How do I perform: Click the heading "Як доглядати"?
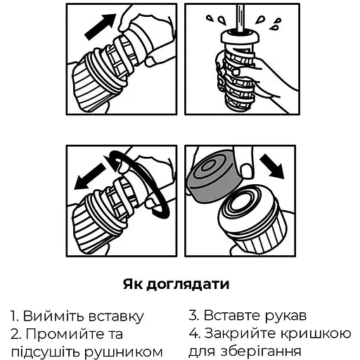[180, 285]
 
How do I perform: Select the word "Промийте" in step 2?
[65, 333]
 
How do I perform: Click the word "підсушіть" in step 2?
[45, 351]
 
